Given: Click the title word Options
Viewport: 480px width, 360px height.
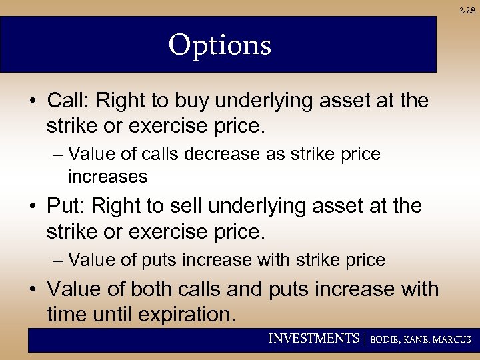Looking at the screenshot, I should (219, 45).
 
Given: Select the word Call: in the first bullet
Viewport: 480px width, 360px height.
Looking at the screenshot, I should (69, 101).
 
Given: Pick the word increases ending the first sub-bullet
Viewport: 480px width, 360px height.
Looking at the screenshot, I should (107, 177).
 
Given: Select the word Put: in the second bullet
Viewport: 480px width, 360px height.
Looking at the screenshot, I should (66, 206).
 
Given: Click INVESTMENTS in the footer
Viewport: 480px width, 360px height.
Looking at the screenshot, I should (313, 339).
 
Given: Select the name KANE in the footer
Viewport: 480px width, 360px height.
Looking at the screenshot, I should (419, 339).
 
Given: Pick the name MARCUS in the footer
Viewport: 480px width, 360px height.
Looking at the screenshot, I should (453, 339).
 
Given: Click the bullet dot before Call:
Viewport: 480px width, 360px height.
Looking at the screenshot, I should (32, 101).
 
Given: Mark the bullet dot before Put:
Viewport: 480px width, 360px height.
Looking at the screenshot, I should (32, 207).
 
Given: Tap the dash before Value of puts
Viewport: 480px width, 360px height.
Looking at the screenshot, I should (57, 260).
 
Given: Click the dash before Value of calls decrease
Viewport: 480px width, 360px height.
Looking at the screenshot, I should (57, 154).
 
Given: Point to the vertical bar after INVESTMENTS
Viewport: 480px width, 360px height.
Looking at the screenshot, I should (365, 339).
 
